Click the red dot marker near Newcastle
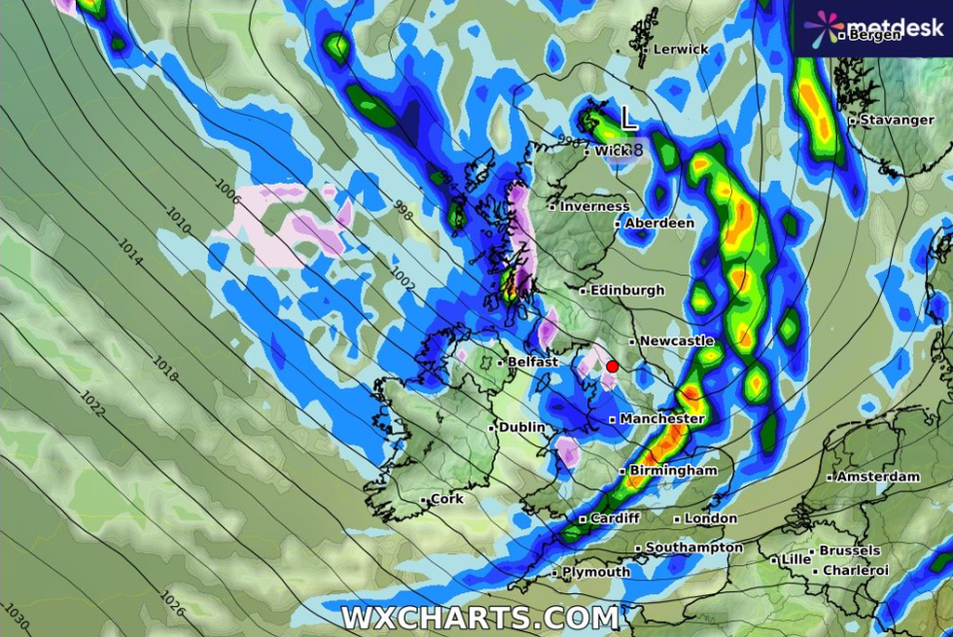(613, 367)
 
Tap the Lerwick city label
(681, 49)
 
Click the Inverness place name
(594, 206)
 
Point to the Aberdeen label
(659, 224)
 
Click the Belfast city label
(533, 362)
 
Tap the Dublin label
(522, 428)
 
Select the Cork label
(446, 499)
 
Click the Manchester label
(662, 419)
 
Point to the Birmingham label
(673, 471)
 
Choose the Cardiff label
(615, 518)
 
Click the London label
(711, 519)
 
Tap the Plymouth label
(596, 573)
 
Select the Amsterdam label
(878, 478)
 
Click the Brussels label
(849, 550)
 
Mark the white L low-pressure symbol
(629, 121)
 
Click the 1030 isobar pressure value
(18, 616)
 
